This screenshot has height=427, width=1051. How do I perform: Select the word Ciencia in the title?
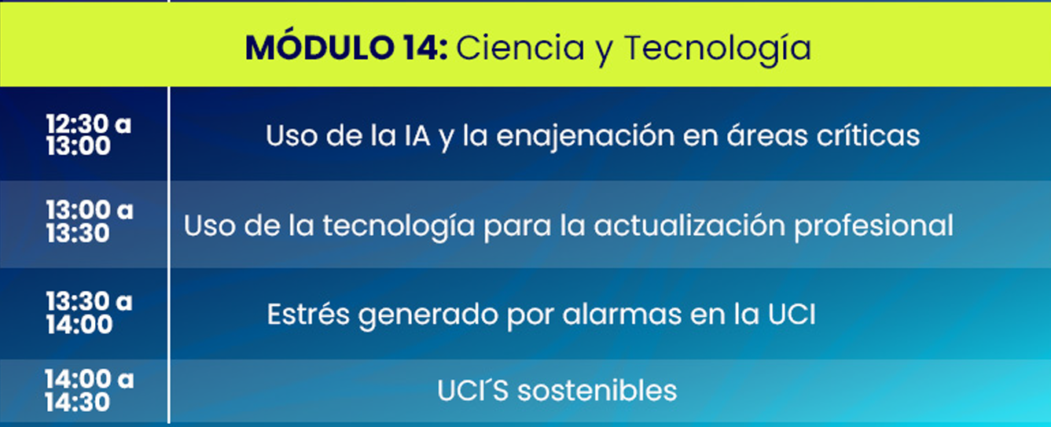coord(520,48)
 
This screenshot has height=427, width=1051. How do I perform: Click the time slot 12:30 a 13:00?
coord(88,135)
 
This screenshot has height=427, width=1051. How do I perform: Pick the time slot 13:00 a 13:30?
coord(89,221)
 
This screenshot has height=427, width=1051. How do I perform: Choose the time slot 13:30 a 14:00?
coord(89,312)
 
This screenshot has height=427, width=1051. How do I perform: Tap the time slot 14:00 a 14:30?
coord(89,390)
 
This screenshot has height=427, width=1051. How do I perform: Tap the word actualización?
coord(689,225)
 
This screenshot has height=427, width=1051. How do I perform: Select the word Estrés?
coord(308,313)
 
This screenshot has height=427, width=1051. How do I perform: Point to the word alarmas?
coord(622,313)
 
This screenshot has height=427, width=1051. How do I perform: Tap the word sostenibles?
coord(597,390)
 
